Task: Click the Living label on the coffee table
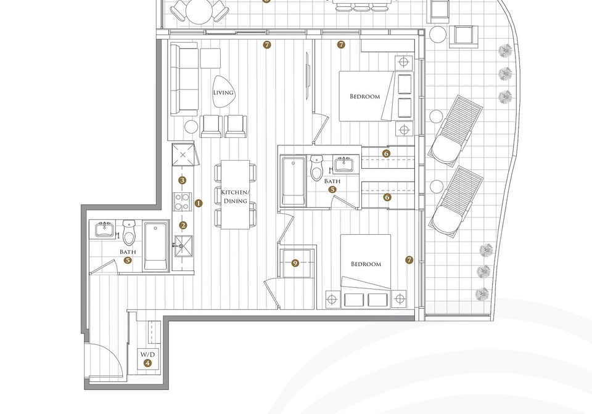(223, 92)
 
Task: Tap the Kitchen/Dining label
(235, 197)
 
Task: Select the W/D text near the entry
(147, 354)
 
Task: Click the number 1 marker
(199, 203)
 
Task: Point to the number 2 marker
(183, 225)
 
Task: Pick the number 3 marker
(183, 181)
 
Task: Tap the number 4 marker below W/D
(147, 363)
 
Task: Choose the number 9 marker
(295, 263)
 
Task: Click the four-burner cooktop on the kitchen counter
(183, 201)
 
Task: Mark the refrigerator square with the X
(183, 155)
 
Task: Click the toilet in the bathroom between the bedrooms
(318, 168)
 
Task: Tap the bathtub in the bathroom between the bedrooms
(294, 181)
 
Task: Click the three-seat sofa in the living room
(184, 79)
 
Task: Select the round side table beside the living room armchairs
(191, 127)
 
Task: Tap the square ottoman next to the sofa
(210, 58)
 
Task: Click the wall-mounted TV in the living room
(308, 76)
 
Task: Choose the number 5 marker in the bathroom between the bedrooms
(332, 189)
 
